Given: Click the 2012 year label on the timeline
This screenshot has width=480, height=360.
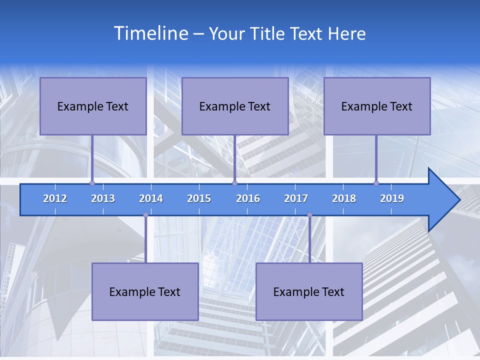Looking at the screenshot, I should coord(55,198).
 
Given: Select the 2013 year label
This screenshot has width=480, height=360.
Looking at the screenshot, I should coord(103,198).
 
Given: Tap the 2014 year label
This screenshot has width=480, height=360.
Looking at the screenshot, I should coord(151,198).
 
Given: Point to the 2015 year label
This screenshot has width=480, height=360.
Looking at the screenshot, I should coord(199,198).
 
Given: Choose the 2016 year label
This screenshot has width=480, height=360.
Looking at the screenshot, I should coord(248,198).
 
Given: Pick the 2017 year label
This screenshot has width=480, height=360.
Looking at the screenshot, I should coord(296,198).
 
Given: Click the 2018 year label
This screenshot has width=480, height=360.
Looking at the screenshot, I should coord(344,198).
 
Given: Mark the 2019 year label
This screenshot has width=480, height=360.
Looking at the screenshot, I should coord(392,198).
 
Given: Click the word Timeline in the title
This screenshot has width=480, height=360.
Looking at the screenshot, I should coord(149,33).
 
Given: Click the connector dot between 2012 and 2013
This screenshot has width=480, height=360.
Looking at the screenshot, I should coord(92,183).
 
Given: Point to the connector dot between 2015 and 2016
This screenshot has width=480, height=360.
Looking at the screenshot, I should coord(234,183).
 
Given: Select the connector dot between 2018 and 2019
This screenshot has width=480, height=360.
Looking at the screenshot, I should coord(376,183).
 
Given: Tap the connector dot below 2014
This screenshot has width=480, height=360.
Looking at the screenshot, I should coord(145,215).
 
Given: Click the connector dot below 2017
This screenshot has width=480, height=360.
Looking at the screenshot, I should coord(309,215).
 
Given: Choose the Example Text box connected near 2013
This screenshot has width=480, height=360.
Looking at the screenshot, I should coord(93,106).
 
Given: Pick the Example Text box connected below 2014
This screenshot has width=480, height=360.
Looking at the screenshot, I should coord(145,291).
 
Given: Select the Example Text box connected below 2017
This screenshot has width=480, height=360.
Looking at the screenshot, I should coord(309,291).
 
